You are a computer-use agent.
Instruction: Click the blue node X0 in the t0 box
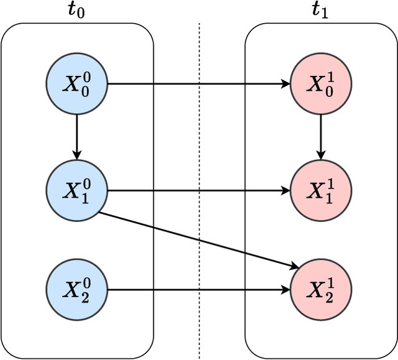pos(77,84)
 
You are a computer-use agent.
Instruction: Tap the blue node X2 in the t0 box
pos(77,290)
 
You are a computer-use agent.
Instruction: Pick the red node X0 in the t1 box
pos(321,84)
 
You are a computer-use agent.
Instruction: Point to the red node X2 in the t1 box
pos(321,290)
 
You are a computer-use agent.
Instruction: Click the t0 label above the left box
pos(78,10)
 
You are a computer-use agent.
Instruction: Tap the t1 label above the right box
pos(321,10)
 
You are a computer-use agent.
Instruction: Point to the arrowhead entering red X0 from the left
pos(286,84)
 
